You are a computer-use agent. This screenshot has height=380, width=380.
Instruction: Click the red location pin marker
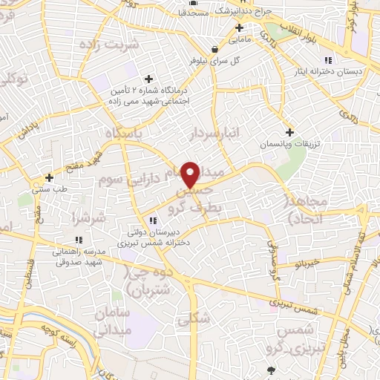[x=191, y=174]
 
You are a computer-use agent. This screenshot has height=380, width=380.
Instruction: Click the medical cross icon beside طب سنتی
[x=49, y=177]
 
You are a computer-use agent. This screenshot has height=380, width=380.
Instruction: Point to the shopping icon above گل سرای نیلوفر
[x=214, y=49]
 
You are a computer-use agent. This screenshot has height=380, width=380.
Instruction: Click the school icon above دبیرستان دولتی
[x=153, y=220]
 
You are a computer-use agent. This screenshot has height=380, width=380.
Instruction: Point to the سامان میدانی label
[x=112, y=321]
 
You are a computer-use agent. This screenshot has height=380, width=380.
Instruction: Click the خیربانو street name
[x=307, y=263]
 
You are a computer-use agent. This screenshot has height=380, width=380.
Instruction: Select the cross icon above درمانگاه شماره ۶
[x=148, y=79]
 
